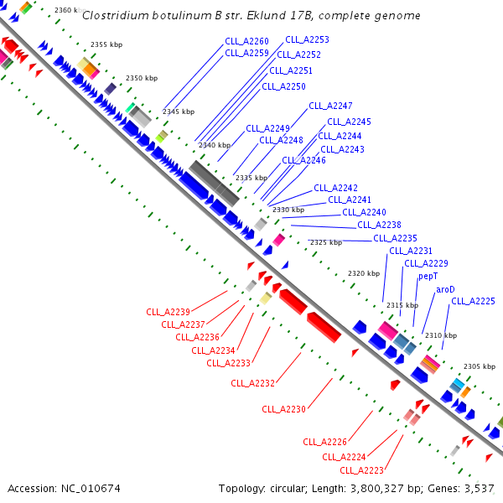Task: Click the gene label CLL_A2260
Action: pos(246,41)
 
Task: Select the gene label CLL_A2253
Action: pos(307,39)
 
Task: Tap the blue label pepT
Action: pos(428,276)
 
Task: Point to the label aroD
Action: pos(445,289)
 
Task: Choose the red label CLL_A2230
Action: pos(283,409)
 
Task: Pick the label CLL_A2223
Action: pos(361,470)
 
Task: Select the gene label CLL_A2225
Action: pos(473,301)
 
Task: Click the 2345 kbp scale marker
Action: pos(179,111)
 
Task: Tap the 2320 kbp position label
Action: pos(364,274)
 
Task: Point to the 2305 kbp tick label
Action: pos(480,366)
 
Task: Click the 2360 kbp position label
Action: pos(67,10)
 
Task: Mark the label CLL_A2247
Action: pos(330,106)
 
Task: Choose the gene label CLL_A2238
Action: pos(379,225)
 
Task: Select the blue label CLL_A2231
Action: pos(411,251)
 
